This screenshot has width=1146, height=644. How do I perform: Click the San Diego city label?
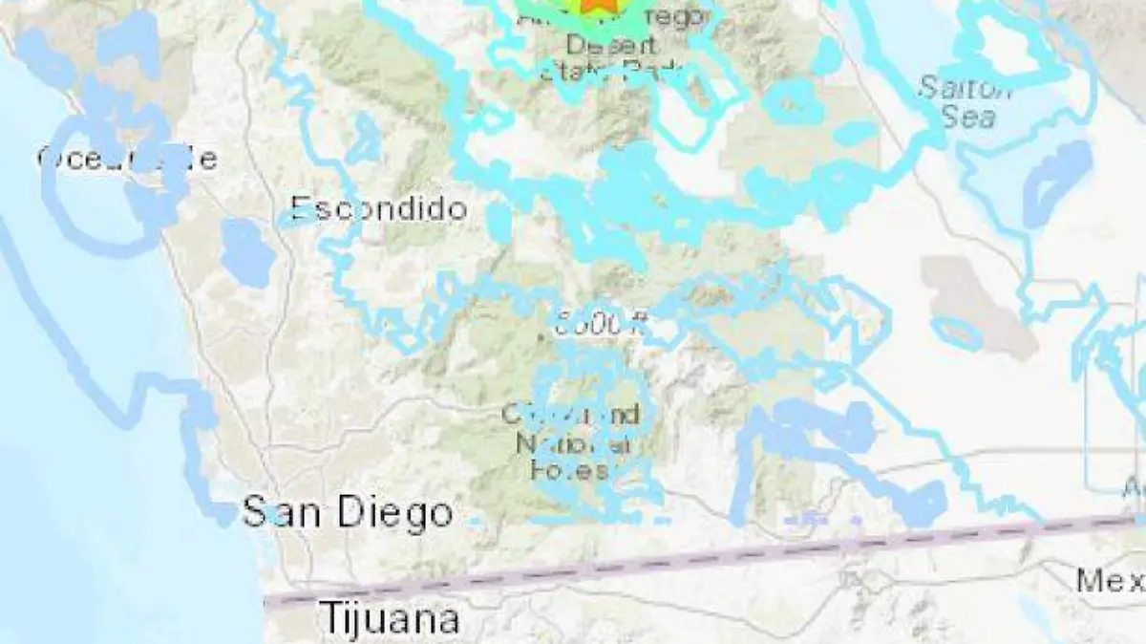(348, 513)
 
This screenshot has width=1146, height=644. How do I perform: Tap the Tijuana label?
(389, 618)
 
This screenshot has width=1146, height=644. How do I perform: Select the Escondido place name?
(379, 208)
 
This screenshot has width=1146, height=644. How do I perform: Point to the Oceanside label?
(126, 158)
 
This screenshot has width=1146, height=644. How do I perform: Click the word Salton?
(965, 89)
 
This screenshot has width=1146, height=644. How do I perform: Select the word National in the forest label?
(575, 443)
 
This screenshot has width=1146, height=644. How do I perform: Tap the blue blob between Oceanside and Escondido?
(247, 252)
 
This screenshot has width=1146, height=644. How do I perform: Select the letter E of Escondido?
(300, 208)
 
